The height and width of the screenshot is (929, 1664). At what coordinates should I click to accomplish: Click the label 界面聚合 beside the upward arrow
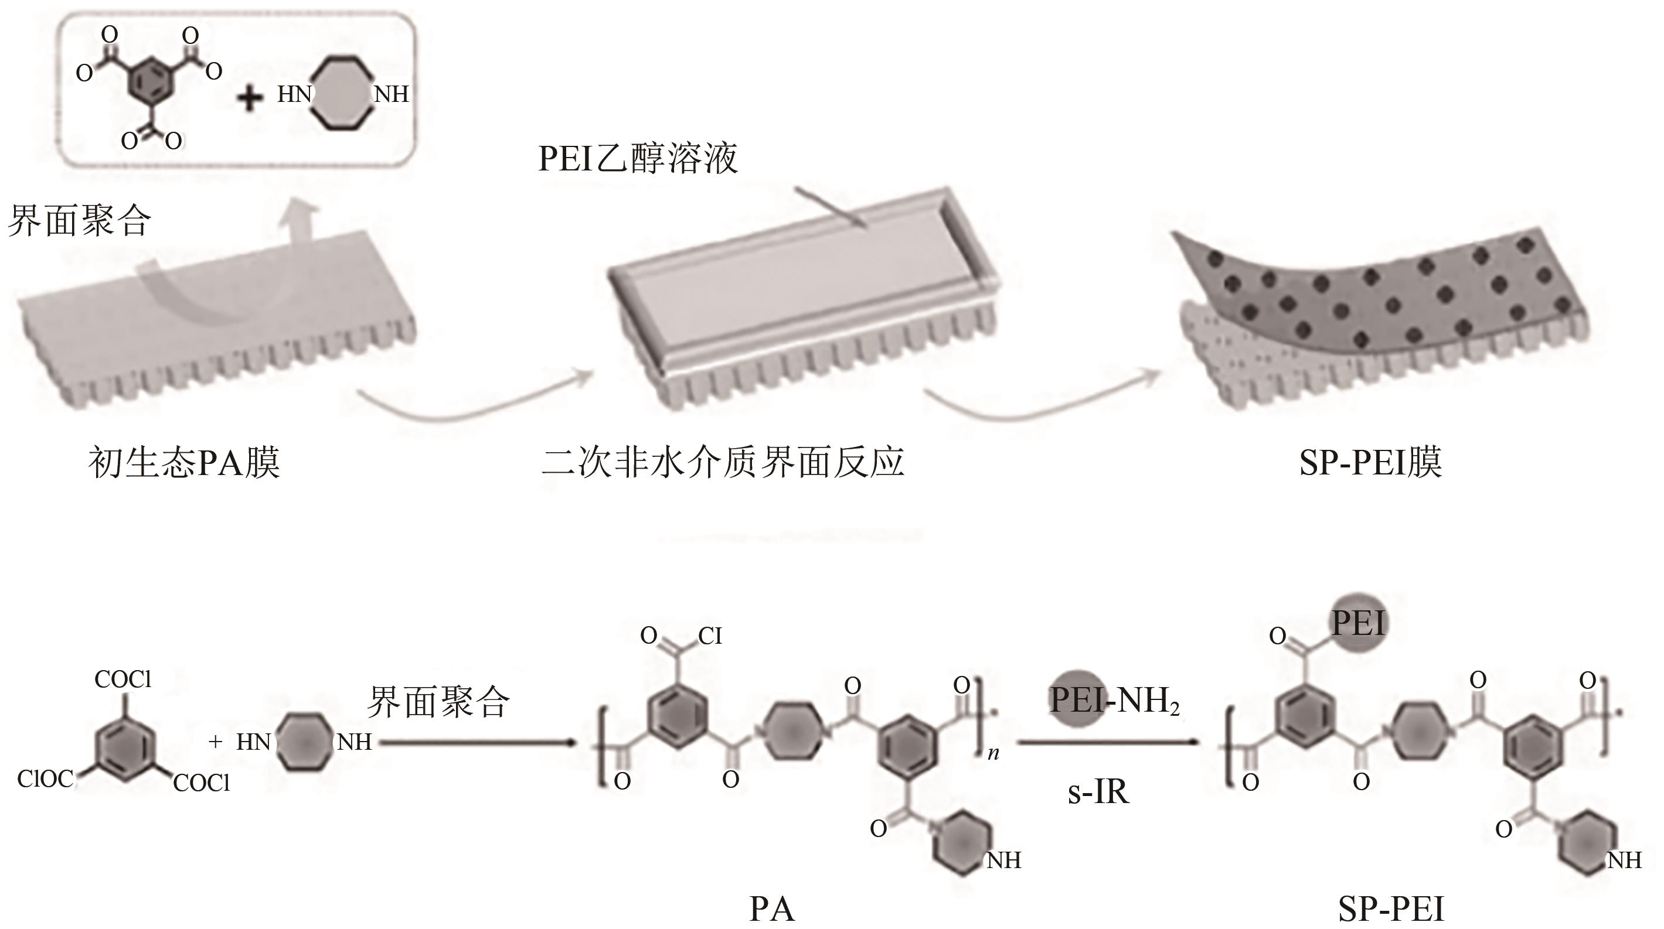click(x=79, y=221)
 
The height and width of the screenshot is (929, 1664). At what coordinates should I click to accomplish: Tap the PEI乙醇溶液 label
click(x=638, y=159)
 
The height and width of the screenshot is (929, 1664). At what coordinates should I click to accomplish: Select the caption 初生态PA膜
click(x=184, y=463)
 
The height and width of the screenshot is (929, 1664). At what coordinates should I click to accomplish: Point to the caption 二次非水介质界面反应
click(x=723, y=463)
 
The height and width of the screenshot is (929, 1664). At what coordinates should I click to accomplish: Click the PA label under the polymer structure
click(x=771, y=909)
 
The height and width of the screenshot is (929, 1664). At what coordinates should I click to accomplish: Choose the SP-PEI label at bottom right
click(x=1391, y=909)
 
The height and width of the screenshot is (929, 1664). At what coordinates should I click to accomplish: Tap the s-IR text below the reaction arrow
click(x=1098, y=791)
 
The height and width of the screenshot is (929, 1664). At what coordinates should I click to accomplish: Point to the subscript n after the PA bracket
click(x=993, y=753)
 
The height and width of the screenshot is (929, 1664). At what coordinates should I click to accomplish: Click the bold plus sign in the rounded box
click(x=250, y=98)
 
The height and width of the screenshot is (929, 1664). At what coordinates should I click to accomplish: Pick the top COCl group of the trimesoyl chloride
click(x=122, y=679)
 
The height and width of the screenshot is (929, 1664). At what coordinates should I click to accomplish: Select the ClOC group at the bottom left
click(x=45, y=779)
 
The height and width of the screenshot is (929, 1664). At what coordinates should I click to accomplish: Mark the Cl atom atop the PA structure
click(x=709, y=636)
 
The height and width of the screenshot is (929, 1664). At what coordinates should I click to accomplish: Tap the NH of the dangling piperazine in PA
click(x=1004, y=860)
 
